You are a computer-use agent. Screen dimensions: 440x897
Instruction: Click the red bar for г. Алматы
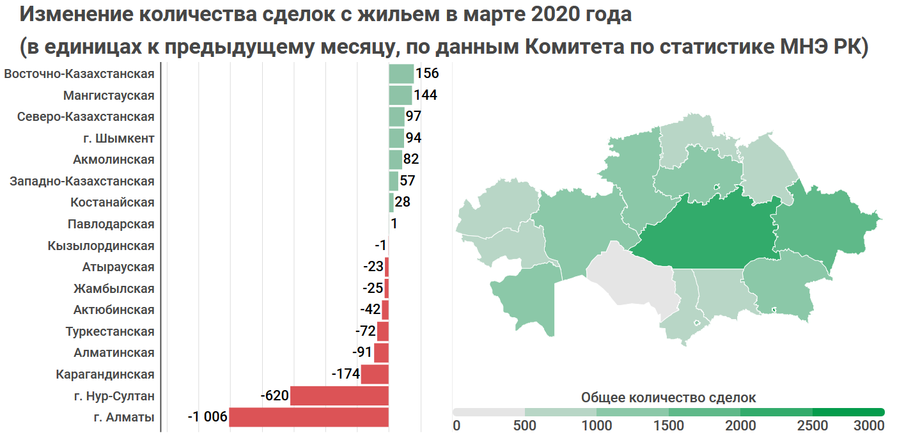pos(309,417)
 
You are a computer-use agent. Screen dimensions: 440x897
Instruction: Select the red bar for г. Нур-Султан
pos(339,396)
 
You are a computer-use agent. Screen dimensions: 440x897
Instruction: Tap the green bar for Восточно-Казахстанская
pos(401,74)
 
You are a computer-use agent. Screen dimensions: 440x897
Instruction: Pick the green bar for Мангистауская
pos(400,95)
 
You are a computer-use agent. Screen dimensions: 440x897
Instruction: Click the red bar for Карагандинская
pos(375,374)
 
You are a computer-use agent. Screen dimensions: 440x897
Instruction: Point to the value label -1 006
pos(207,418)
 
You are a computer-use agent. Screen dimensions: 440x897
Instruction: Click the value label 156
pos(427,74)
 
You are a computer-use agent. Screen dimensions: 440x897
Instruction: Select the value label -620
pos(275,396)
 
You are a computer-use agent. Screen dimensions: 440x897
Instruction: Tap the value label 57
pos(407,181)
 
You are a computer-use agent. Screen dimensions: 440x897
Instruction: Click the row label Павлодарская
pos(111,224)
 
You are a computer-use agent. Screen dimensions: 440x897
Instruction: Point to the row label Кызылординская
pos(101,246)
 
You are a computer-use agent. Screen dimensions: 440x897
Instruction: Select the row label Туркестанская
pos(110,331)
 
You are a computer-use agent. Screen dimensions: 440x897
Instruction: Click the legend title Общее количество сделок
pos(668,397)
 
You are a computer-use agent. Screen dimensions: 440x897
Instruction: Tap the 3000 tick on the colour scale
pos(868,425)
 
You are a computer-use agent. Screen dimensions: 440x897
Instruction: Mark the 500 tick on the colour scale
pos(524,425)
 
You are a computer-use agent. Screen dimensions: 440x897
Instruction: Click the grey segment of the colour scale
pos(488,412)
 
